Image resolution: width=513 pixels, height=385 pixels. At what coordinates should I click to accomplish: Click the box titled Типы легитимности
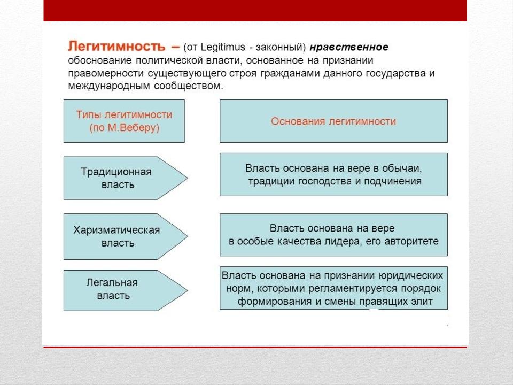(x=124, y=121)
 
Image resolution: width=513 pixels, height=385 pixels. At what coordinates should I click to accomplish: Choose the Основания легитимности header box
(x=333, y=121)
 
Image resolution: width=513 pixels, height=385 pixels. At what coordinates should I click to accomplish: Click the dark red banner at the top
(x=255, y=10)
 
